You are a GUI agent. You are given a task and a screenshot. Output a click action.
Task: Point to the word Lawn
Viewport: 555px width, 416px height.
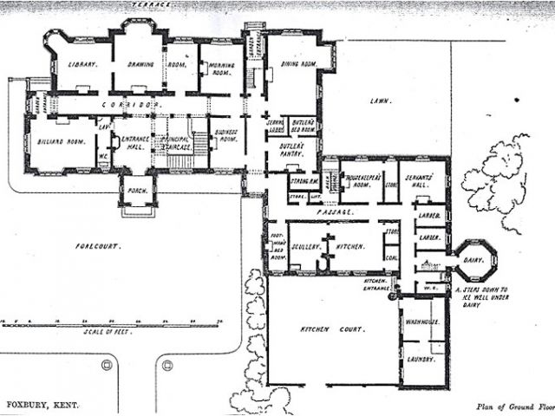point(379,101)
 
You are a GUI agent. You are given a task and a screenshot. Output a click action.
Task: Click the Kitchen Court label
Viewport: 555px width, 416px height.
point(324,330)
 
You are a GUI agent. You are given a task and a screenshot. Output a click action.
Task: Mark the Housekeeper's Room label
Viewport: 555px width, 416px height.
point(360,179)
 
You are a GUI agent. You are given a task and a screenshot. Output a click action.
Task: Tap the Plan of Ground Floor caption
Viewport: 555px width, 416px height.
point(513,405)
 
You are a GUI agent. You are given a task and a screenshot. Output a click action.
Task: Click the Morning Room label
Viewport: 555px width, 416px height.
point(220,68)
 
